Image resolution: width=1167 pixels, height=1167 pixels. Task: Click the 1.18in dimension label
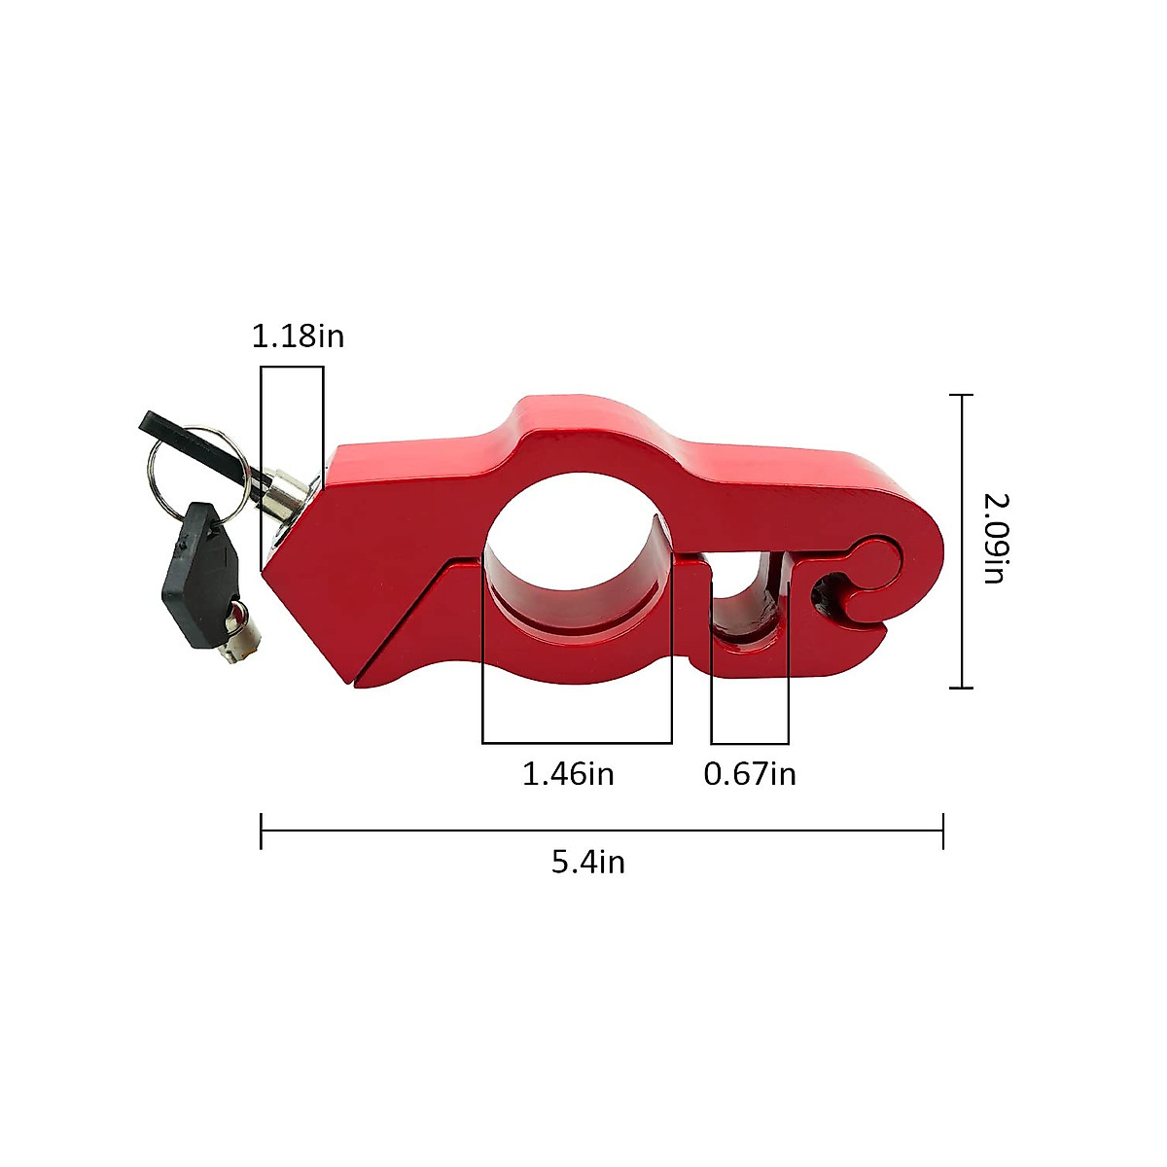click(298, 336)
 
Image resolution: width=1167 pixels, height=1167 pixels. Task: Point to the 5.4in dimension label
click(587, 862)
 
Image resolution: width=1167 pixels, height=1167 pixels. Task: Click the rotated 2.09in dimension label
click(996, 538)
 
